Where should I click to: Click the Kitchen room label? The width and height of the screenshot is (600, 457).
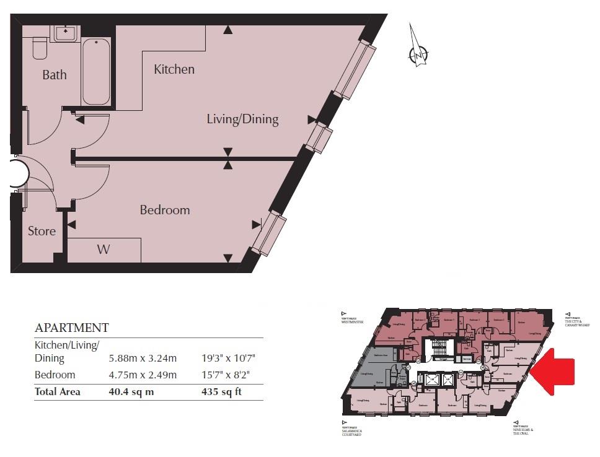pyautogui.click(x=174, y=69)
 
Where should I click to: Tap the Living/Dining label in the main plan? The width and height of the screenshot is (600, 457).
pyautogui.click(x=242, y=119)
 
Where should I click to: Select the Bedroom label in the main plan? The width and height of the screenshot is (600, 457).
pyautogui.click(x=164, y=210)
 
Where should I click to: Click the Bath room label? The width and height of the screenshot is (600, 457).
pyautogui.click(x=55, y=75)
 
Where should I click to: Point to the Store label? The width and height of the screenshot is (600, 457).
pyautogui.click(x=42, y=231)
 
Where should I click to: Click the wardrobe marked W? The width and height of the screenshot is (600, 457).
pyautogui.click(x=104, y=250)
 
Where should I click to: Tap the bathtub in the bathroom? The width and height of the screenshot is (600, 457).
pyautogui.click(x=96, y=72)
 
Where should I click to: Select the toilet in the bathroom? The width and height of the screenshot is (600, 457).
pyautogui.click(x=40, y=46)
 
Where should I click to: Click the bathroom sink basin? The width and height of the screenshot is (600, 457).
pyautogui.click(x=65, y=33)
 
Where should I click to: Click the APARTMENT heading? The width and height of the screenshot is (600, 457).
pyautogui.click(x=71, y=328)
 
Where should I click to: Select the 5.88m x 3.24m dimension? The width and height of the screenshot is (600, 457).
pyautogui.click(x=143, y=358)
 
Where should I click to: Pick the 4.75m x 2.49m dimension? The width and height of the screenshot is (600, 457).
pyautogui.click(x=143, y=375)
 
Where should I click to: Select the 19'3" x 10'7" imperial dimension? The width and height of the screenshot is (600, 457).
pyautogui.click(x=229, y=358)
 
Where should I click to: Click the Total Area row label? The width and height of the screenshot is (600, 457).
pyautogui.click(x=57, y=391)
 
